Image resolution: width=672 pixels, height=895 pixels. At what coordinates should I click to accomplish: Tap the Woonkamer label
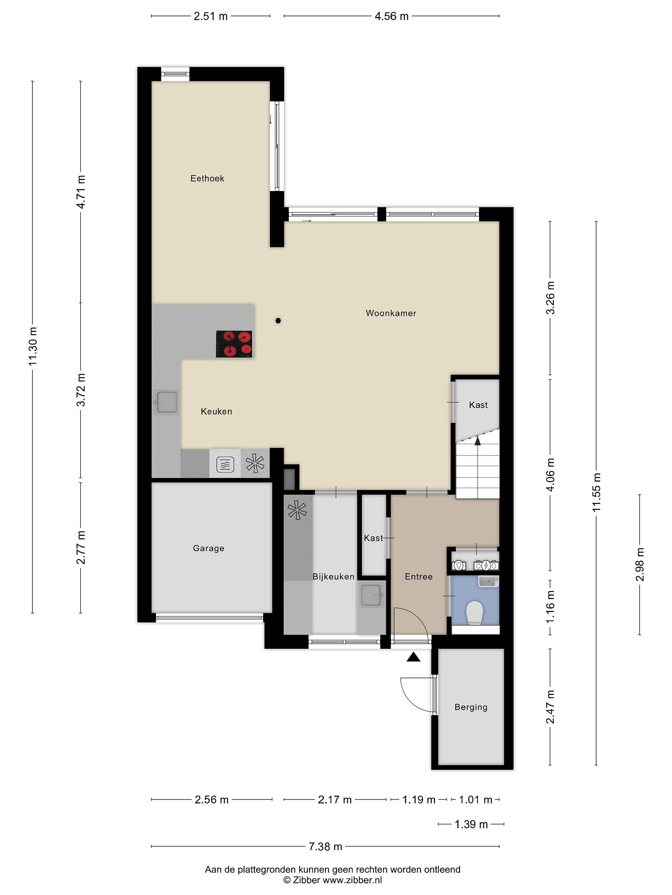pos(391,313)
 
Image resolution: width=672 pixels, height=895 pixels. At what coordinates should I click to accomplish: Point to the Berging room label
pos(471,707)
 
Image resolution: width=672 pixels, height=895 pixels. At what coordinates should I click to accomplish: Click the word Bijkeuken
pos(334,576)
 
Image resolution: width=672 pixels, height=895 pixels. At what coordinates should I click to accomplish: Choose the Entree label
pos(418,576)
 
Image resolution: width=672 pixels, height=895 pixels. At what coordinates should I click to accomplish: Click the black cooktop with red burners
pos(234,344)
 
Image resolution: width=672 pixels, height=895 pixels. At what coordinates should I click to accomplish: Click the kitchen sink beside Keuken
pos(166,402)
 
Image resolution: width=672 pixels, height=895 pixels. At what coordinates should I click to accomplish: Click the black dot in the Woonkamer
pos(278,321)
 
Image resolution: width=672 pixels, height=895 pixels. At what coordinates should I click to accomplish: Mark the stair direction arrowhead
pos(478,441)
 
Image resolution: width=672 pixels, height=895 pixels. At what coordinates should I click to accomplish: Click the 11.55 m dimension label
pos(596,492)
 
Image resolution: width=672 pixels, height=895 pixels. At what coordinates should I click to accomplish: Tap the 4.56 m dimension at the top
pos(391,16)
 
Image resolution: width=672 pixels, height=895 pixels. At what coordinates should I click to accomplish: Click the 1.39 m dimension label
pos(471,824)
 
